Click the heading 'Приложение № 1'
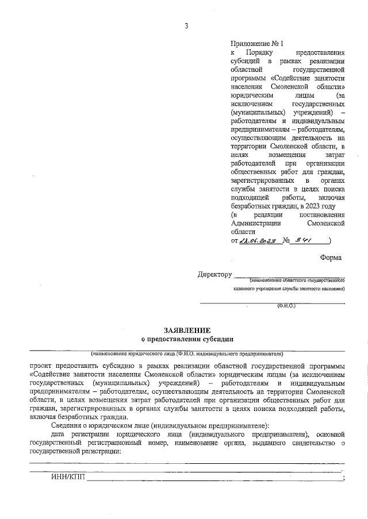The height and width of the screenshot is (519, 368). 257,44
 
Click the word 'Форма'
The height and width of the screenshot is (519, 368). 331,258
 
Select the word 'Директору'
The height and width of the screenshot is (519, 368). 214,275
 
